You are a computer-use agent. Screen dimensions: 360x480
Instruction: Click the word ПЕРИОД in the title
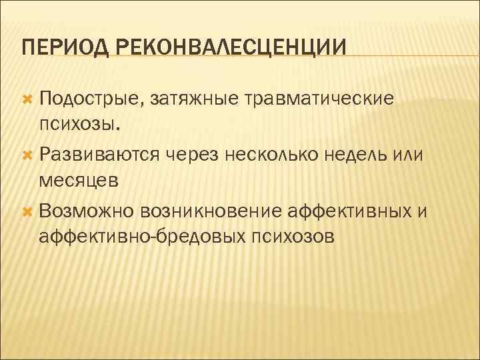tap(58, 48)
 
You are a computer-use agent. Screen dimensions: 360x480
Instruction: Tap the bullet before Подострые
tap(28, 98)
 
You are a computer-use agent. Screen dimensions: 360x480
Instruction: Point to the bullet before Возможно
tap(28, 211)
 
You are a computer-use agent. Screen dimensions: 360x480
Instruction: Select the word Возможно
tap(87, 212)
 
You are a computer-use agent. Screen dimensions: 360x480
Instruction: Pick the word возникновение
tap(211, 212)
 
